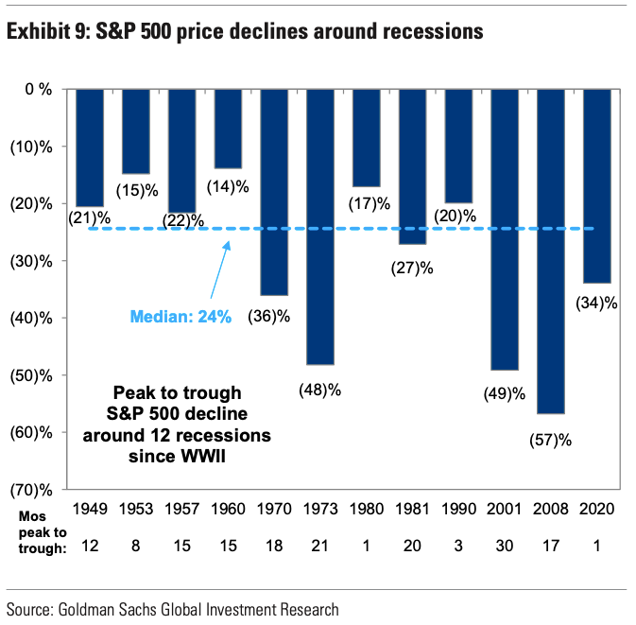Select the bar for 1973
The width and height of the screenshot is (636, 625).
(321, 226)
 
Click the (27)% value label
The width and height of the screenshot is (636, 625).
(413, 268)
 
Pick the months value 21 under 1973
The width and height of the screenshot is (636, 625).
(321, 546)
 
